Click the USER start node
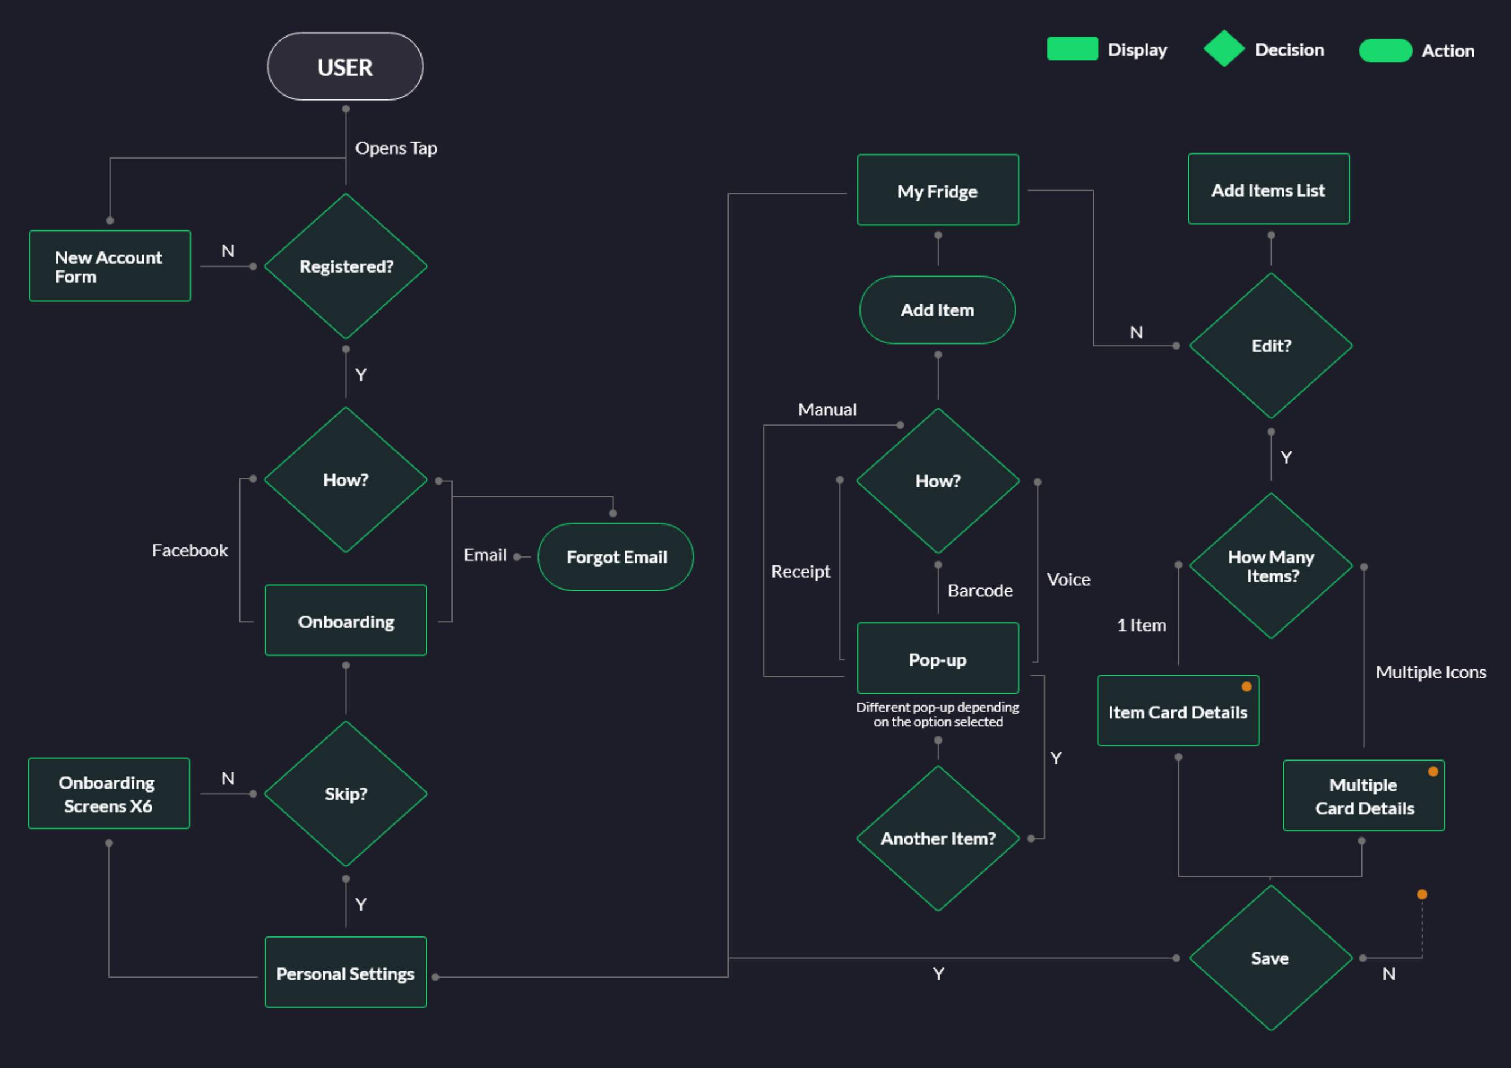click(345, 66)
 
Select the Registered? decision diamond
click(346, 266)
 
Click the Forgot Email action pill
click(616, 556)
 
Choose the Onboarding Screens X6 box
click(108, 794)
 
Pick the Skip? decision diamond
click(346, 794)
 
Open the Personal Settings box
click(346, 972)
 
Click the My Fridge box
click(938, 191)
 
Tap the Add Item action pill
click(937, 310)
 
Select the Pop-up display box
click(938, 659)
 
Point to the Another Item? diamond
click(938, 838)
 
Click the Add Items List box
click(1268, 189)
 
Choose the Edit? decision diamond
click(1271, 346)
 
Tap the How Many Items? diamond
click(1271, 566)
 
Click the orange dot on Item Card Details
click(1246, 687)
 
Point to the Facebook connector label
click(189, 550)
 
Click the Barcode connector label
click(980, 590)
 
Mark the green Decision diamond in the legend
click(1223, 49)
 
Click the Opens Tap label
click(396, 148)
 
